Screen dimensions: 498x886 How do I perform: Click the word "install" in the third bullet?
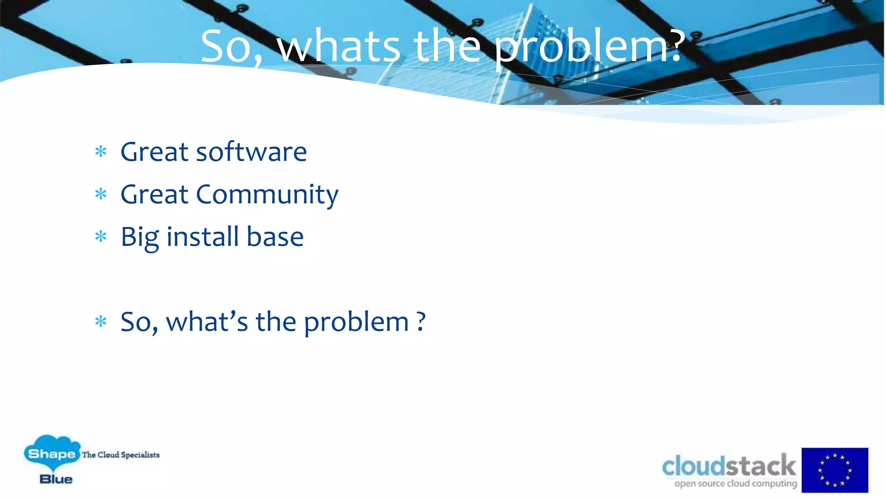tap(202, 237)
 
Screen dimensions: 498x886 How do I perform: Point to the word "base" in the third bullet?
tap(275, 237)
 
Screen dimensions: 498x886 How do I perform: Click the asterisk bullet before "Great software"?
tap(101, 152)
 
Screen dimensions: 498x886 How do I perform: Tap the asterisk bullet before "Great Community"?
tap(101, 194)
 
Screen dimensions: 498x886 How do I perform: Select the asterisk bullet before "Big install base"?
tap(101, 236)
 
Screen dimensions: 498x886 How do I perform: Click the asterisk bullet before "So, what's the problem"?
tap(101, 322)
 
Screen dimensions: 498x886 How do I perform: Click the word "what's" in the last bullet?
tap(207, 322)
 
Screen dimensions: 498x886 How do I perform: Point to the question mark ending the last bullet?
tap(421, 322)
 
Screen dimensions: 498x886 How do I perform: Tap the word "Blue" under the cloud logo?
tap(56, 479)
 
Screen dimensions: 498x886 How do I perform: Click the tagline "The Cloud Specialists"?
tap(121, 455)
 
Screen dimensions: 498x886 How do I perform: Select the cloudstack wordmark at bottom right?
tap(729, 466)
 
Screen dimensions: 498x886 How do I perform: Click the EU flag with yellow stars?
tap(835, 470)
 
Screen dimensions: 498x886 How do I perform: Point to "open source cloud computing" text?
tap(735, 483)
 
